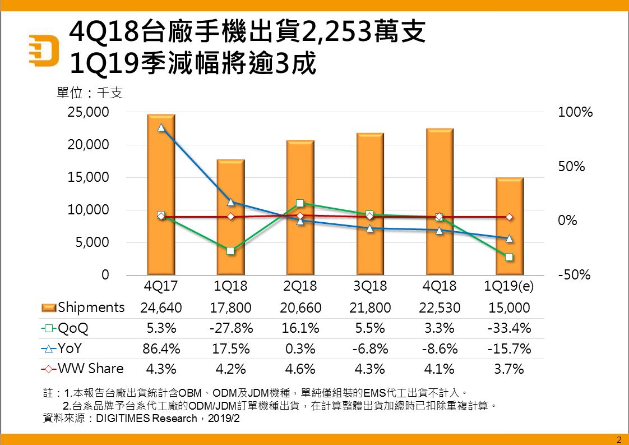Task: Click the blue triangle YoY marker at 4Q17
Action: pos(161,127)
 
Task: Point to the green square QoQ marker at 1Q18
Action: pos(230,251)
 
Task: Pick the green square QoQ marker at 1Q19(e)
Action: pos(509,257)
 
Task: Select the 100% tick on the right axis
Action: pos(575,112)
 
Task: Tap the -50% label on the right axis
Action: pos(575,276)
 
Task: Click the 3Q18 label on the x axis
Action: pos(369,286)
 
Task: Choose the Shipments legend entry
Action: pos(83,308)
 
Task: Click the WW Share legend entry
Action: pos(83,369)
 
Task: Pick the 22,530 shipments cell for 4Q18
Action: pos(439,308)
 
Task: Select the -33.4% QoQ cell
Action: pos(508,328)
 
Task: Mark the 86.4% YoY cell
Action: pos(161,348)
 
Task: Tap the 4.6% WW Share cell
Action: pos(300,369)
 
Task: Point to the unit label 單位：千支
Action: pos(90,93)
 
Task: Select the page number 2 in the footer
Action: pos(619,439)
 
